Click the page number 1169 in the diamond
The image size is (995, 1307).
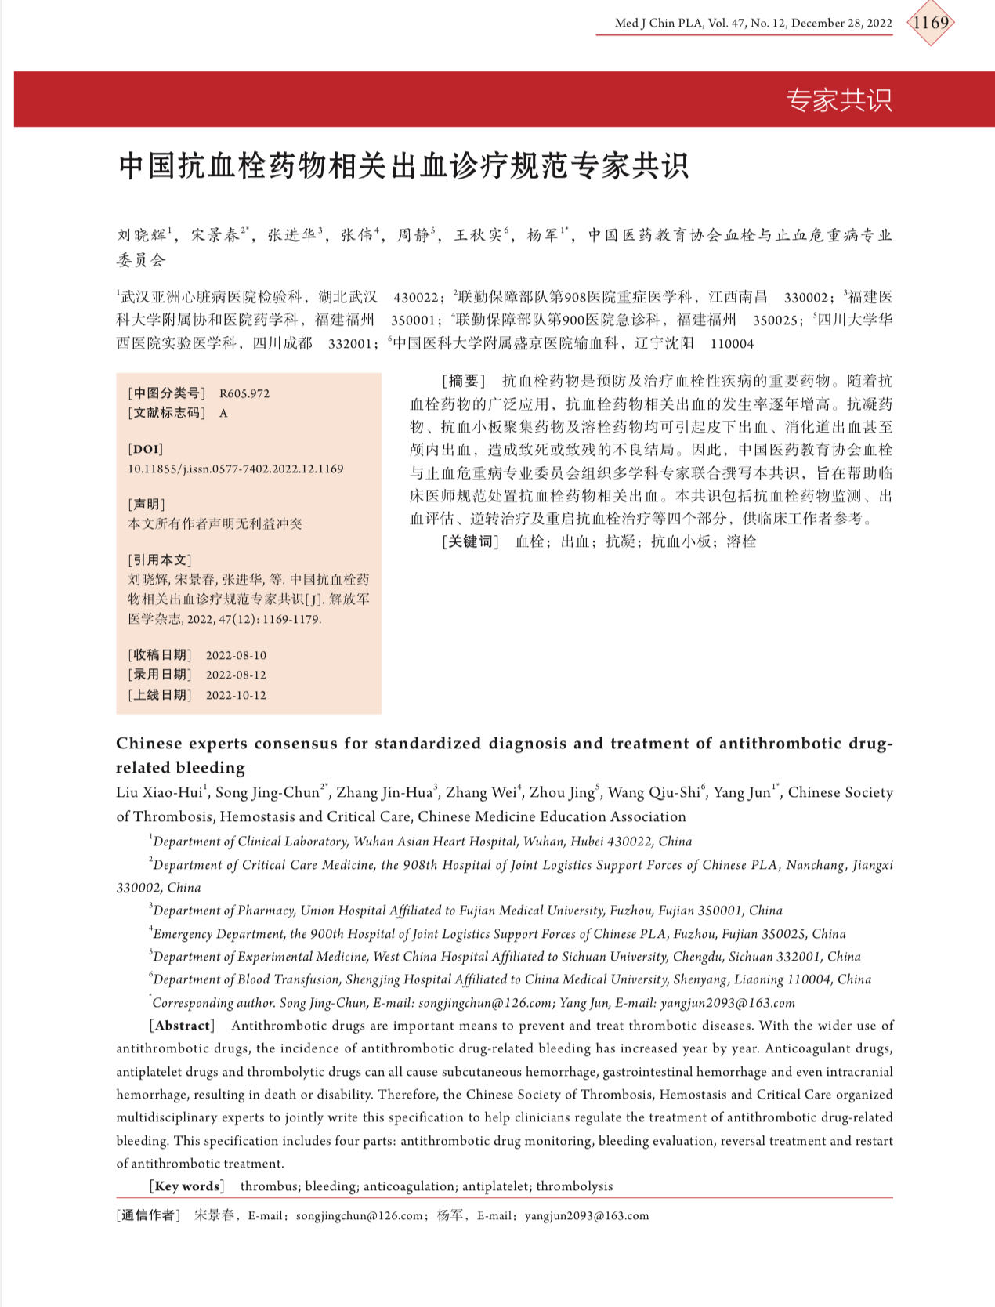[931, 23]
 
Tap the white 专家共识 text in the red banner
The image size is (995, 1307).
[839, 100]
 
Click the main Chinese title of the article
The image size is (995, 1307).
[403, 165]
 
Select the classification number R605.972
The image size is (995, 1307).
[244, 393]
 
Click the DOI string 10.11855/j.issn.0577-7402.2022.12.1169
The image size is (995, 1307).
[235, 469]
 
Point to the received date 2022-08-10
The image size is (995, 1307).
[236, 655]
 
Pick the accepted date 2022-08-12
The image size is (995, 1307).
[236, 675]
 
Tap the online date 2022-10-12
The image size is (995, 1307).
[236, 695]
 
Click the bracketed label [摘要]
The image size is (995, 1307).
[464, 381]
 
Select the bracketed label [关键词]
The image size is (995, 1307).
[470, 541]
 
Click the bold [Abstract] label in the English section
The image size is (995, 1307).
[182, 1026]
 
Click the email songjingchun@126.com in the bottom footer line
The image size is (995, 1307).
[361, 1216]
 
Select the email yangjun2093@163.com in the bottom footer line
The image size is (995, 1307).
[587, 1216]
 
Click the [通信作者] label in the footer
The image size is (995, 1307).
[149, 1216]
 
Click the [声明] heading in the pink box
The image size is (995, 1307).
[147, 504]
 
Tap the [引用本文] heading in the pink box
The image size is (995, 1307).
[160, 559]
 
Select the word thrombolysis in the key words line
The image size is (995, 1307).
[574, 1186]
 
